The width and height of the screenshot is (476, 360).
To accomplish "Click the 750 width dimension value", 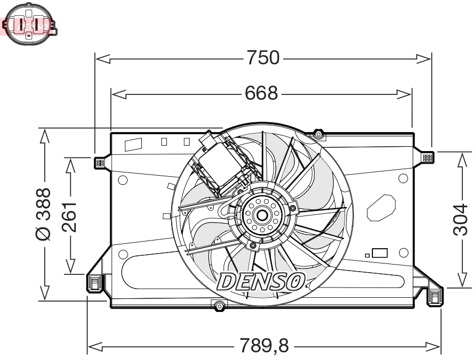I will click(263, 58).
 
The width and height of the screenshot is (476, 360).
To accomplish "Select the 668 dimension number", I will click(261, 94).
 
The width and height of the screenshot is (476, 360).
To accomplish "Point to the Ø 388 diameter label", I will click(44, 214).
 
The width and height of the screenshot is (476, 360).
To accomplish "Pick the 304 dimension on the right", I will click(461, 219).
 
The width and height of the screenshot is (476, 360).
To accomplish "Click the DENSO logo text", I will click(261, 281).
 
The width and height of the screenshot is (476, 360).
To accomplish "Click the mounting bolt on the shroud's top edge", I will click(319, 134).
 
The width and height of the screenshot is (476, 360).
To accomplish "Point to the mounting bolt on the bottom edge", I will click(219, 305).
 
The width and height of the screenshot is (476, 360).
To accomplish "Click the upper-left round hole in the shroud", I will click(123, 179).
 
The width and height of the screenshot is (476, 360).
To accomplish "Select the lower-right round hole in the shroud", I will click(403, 253).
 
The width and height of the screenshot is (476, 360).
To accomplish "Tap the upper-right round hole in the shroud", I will click(403, 178).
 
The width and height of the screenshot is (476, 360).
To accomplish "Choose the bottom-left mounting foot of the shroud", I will click(95, 281).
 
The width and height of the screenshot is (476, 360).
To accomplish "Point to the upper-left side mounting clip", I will click(99, 162).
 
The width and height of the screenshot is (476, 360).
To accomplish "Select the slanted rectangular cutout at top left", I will click(133, 145).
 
